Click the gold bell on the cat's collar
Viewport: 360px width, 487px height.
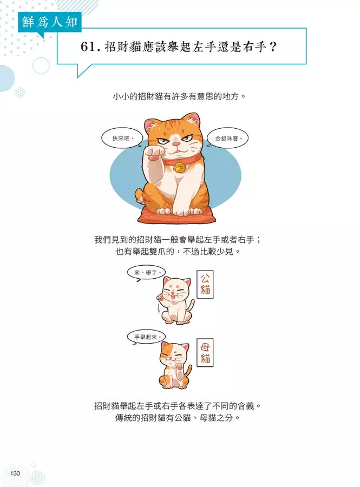tap(179, 168)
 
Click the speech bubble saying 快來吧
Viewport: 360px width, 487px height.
tap(122, 138)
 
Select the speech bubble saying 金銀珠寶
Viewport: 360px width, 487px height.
tap(228, 139)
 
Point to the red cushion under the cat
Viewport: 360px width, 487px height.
tap(176, 215)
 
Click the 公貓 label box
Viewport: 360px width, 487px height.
tap(205, 285)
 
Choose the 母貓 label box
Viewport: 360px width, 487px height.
tap(205, 352)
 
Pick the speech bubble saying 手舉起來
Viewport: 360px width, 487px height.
tap(146, 337)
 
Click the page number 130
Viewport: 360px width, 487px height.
tap(15, 473)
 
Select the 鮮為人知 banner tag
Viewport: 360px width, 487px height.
tap(50, 22)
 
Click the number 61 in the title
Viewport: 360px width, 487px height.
tap(88, 47)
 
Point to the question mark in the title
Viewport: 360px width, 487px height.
tap(273, 47)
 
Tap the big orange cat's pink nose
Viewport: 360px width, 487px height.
tap(176, 144)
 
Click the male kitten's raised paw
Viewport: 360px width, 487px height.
tap(161, 297)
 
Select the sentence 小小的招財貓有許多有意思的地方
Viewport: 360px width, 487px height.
tap(180, 96)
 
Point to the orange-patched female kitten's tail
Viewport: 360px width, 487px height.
tap(188, 372)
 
